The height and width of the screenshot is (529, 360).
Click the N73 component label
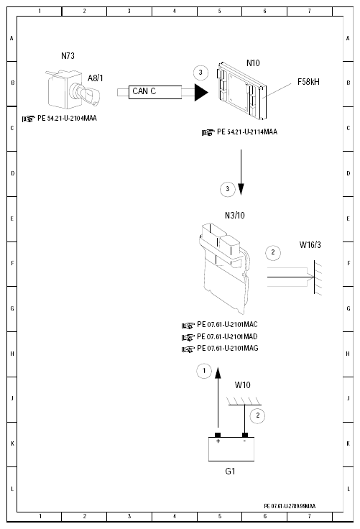coord(68,56)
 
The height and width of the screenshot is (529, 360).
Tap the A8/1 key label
coord(95,78)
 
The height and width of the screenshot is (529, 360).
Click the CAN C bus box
coord(155,92)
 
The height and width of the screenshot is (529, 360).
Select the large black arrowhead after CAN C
coord(201,92)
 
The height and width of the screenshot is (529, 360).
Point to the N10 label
coord(253,63)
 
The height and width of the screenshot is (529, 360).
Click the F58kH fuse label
coord(308,82)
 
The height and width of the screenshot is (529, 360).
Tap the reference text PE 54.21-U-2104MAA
coord(67,119)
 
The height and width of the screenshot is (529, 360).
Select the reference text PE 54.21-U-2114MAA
coord(247,132)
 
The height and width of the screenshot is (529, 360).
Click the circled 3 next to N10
coord(200,73)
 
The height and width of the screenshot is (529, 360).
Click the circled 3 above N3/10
coord(227,189)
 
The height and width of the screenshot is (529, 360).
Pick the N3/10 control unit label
coord(235,215)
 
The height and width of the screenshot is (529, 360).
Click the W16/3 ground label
coord(310,245)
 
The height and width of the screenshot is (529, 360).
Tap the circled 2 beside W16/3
coord(273,252)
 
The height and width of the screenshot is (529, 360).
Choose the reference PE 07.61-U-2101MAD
coord(227,336)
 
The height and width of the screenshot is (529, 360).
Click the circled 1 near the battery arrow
coord(204,371)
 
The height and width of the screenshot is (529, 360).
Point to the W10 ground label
coord(243,385)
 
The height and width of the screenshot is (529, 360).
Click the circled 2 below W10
coord(257,415)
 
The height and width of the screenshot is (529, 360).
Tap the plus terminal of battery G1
coord(218,436)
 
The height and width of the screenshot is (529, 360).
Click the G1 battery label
coord(230,471)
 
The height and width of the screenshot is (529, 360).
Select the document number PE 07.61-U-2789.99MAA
coord(290,506)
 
